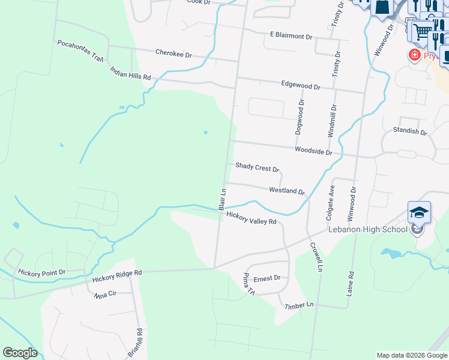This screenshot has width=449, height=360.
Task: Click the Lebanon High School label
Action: pyautogui.click(x=367, y=230)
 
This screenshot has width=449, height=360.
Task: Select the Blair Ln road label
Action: pyautogui.click(x=222, y=199)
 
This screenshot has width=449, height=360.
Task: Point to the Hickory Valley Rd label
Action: pyautogui.click(x=251, y=218)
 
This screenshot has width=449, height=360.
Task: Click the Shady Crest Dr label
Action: pyautogui.click(x=257, y=167)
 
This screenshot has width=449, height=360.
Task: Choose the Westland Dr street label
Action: pyautogui.click(x=287, y=191)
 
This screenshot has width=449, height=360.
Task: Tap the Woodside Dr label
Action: pyautogui.click(x=313, y=151)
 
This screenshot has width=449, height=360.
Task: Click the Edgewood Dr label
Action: pyautogui.click(x=301, y=86)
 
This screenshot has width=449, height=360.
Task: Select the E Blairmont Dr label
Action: pyautogui.click(x=291, y=37)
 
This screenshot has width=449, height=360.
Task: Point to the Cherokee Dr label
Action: pyautogui.click(x=173, y=55)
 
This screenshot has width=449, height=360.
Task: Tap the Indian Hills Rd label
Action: pyautogui.click(x=130, y=74)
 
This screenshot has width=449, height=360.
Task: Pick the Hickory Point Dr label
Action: pyautogui.click(x=41, y=273)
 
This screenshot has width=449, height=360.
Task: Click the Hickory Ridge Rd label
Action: pyautogui.click(x=117, y=276)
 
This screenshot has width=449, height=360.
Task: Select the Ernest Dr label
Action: pyautogui.click(x=267, y=278)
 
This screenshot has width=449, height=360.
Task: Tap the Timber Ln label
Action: pyautogui.click(x=299, y=305)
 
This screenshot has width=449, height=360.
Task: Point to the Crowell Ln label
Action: pyautogui.click(x=316, y=256)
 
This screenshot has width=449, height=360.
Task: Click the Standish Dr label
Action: pyautogui.click(x=409, y=131)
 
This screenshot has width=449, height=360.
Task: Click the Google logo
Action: pyautogui.click(x=20, y=353)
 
